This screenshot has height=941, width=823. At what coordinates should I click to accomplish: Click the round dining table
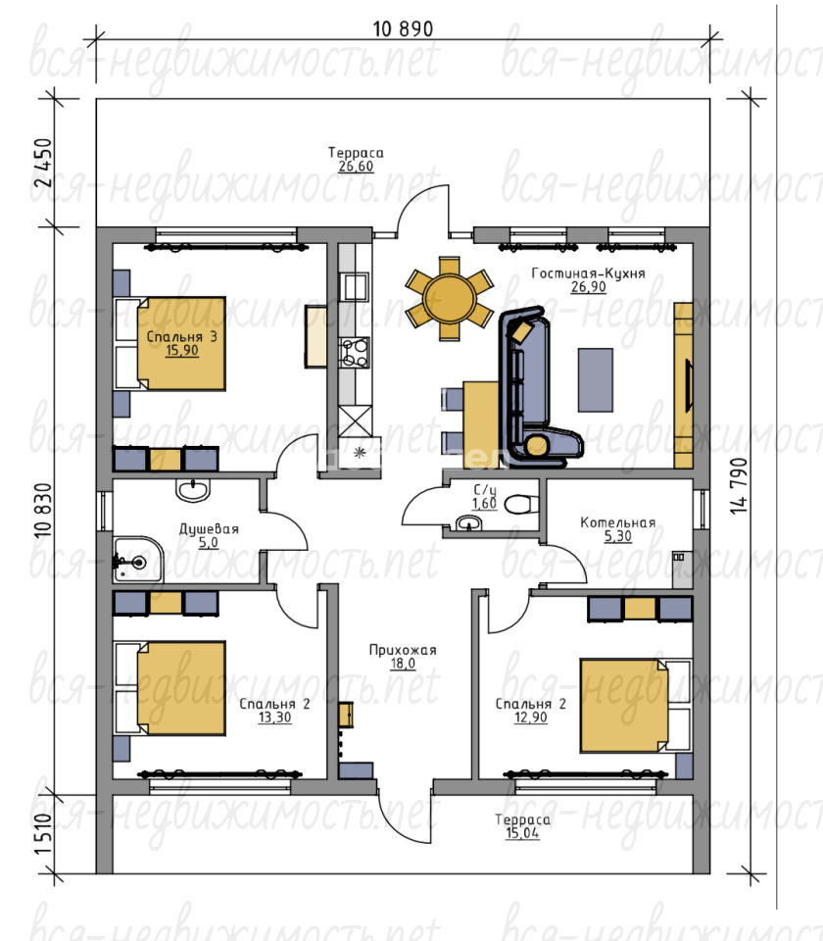click(449, 298)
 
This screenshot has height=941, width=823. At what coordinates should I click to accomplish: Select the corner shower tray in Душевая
click(137, 560)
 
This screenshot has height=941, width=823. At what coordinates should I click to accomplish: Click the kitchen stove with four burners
click(354, 352)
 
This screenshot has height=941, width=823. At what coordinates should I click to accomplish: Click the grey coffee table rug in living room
click(595, 380)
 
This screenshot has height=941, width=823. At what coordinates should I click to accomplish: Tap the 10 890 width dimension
click(403, 28)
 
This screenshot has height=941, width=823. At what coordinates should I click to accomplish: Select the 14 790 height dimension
click(740, 485)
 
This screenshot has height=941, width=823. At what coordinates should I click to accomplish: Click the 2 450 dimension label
click(44, 163)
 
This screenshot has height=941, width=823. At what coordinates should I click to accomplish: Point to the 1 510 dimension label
click(44, 835)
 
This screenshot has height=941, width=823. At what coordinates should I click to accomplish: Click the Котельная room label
click(618, 522)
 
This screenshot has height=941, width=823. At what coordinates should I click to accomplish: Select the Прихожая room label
click(403, 650)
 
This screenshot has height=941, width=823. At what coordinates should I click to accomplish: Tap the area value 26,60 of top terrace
click(355, 167)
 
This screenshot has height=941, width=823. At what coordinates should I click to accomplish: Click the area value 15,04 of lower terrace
click(522, 833)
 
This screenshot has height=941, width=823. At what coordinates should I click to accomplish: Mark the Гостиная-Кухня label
click(589, 273)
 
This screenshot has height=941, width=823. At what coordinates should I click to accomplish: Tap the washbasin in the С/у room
click(468, 523)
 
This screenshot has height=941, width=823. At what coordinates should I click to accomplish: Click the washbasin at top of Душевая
click(193, 490)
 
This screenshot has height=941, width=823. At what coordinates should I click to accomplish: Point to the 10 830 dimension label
click(44, 510)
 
